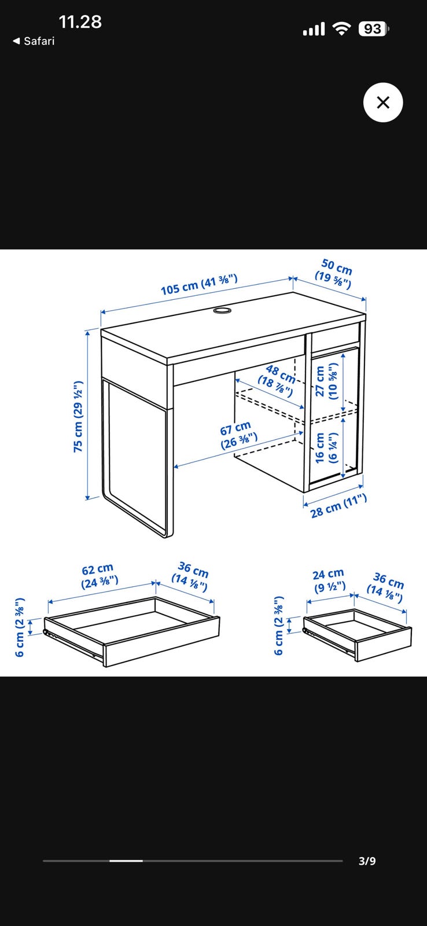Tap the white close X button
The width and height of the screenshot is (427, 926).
tap(383, 102)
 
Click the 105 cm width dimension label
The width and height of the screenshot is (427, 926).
tap(199, 284)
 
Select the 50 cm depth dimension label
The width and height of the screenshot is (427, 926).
tap(334, 274)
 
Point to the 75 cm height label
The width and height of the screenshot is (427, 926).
tap(78, 416)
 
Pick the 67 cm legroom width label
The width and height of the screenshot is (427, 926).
tap(238, 435)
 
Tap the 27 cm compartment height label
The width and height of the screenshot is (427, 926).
tap(326, 381)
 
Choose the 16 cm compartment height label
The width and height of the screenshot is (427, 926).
tap(326, 448)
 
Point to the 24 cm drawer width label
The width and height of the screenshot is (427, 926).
tap(329, 580)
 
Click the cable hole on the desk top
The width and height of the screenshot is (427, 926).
tap(222, 310)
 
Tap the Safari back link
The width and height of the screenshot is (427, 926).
tap(34, 41)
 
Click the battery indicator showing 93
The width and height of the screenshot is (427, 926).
tap(374, 29)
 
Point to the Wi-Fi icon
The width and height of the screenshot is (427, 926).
tap(342, 29)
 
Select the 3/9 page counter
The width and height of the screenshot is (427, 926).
tap(367, 861)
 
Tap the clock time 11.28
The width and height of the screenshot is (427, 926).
tap(80, 22)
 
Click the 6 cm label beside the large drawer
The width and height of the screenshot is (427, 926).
tap(20, 627)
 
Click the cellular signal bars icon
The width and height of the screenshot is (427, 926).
tap(314, 30)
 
